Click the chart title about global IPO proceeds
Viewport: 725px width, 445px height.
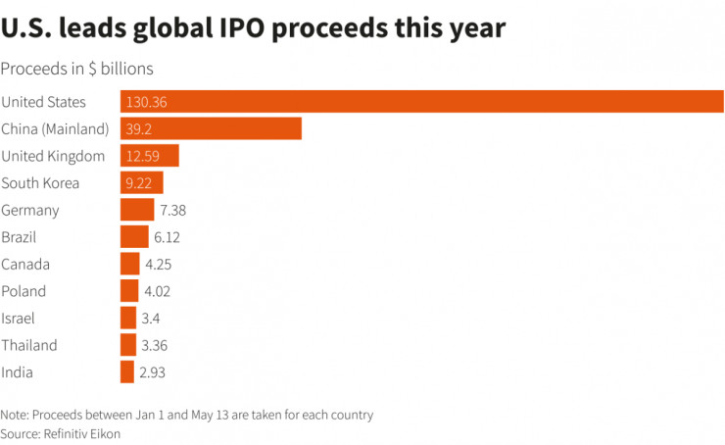(253, 29)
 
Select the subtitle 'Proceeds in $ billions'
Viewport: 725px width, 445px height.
(76, 70)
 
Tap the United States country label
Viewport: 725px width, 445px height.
(44, 102)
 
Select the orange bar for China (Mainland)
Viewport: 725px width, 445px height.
(211, 129)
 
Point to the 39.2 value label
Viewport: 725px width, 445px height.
(138, 129)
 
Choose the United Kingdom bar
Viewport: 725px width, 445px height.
(149, 156)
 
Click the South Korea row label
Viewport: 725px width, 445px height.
(40, 183)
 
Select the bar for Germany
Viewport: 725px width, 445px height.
(136, 210)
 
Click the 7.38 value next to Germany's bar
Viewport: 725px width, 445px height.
(172, 210)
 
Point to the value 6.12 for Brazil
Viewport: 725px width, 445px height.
(167, 237)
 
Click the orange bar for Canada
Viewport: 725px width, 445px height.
(129, 264)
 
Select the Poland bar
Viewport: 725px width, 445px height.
(129, 291)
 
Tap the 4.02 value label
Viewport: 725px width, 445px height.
(159, 291)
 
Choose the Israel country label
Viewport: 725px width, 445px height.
(20, 318)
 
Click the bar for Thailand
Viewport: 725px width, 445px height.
(127, 345)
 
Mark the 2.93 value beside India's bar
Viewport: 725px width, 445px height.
(154, 371)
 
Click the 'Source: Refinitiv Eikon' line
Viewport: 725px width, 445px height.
(61, 432)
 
